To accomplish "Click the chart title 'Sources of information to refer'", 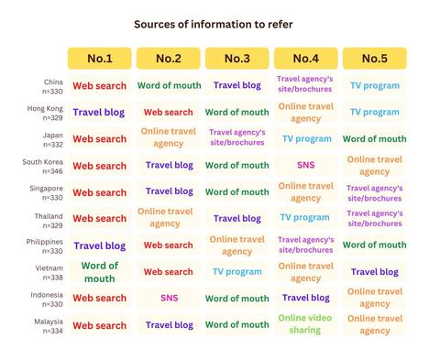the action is pos(214,25).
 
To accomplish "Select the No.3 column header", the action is pos(237,59).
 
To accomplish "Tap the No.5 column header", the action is pos(375,59).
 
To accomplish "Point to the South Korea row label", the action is pos(42,167).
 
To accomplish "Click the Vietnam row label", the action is pos(49,273).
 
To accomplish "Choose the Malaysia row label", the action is pos(49,326).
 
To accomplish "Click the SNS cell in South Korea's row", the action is pos(306,165).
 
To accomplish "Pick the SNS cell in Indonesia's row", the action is pos(169,298).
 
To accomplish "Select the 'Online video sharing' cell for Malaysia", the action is pos(306,324).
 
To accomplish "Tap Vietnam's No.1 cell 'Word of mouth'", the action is pos(100,272).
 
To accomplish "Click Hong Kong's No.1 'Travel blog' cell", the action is pos(100,112).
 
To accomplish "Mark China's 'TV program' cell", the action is pos(375,85).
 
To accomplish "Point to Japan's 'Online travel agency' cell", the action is pos(169,137).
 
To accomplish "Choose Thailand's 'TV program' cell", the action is pos(306,217).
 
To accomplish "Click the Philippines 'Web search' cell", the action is pos(169,245).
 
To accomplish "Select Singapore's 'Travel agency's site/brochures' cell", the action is pos(375,193).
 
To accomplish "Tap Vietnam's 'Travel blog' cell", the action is pos(375,272).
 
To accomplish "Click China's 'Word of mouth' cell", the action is pos(169,85).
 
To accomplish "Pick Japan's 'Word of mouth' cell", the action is pos(375,139).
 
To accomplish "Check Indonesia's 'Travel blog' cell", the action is pos(306,298).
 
